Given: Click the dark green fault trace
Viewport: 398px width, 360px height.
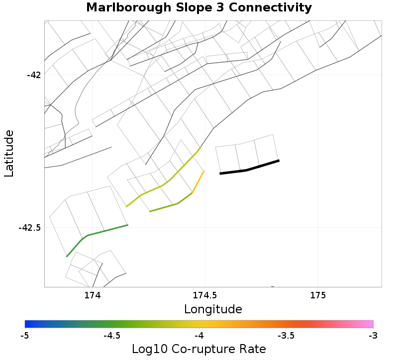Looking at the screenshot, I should (x=104, y=231).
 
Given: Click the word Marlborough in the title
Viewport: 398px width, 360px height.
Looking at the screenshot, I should (x=129, y=8).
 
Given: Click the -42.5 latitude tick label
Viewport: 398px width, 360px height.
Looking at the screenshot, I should (x=30, y=228).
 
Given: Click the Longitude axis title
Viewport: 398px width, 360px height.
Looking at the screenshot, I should (x=213, y=309).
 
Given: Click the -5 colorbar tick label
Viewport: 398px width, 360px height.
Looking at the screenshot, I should (x=24, y=336).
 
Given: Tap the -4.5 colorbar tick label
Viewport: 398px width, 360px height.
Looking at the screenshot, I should (x=111, y=336).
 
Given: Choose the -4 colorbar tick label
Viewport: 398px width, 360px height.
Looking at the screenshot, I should (x=199, y=336).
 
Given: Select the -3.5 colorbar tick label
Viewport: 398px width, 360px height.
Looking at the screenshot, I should (x=286, y=336).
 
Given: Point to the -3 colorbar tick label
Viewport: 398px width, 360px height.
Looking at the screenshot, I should (x=373, y=336).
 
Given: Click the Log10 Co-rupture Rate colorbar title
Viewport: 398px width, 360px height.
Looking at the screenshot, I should (x=199, y=349).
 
